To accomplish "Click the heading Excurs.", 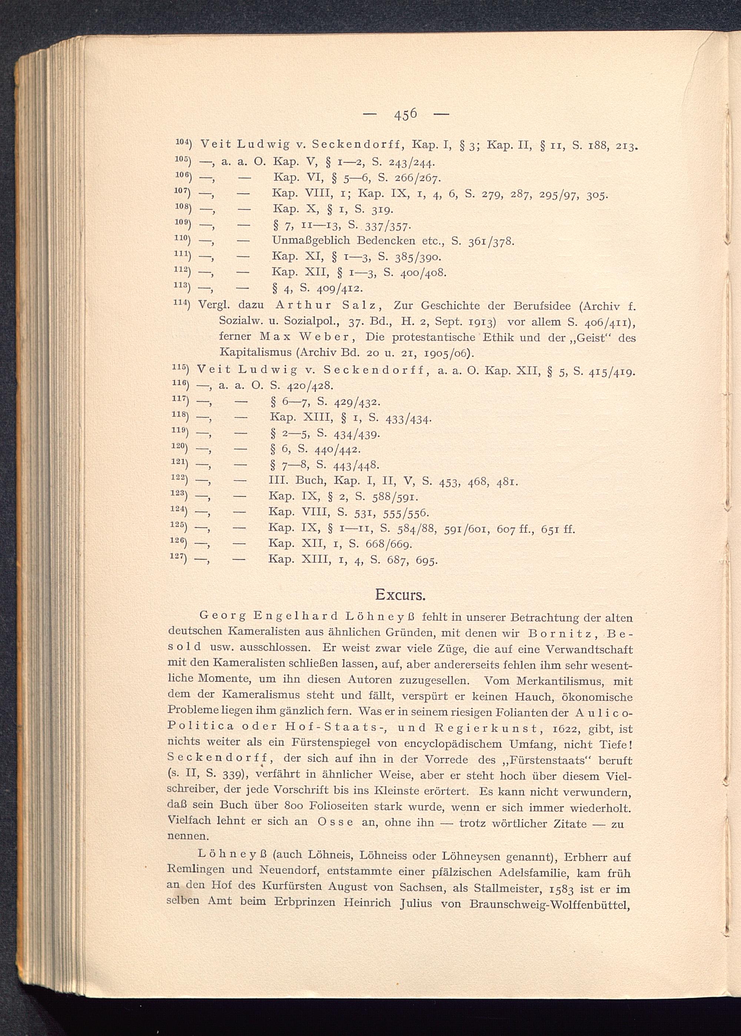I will (x=400, y=594).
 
